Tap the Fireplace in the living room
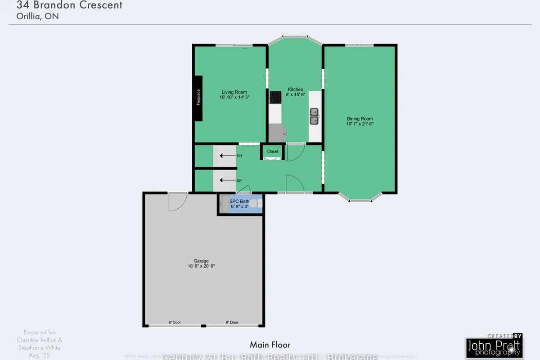[x=198, y=98]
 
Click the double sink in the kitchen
[x=314, y=116]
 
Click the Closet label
[x=273, y=152]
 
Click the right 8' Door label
[x=232, y=322]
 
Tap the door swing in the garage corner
[x=177, y=201]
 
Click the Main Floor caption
[x=270, y=345]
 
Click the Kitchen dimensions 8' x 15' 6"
[x=296, y=94]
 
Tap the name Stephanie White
[x=38, y=347]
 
